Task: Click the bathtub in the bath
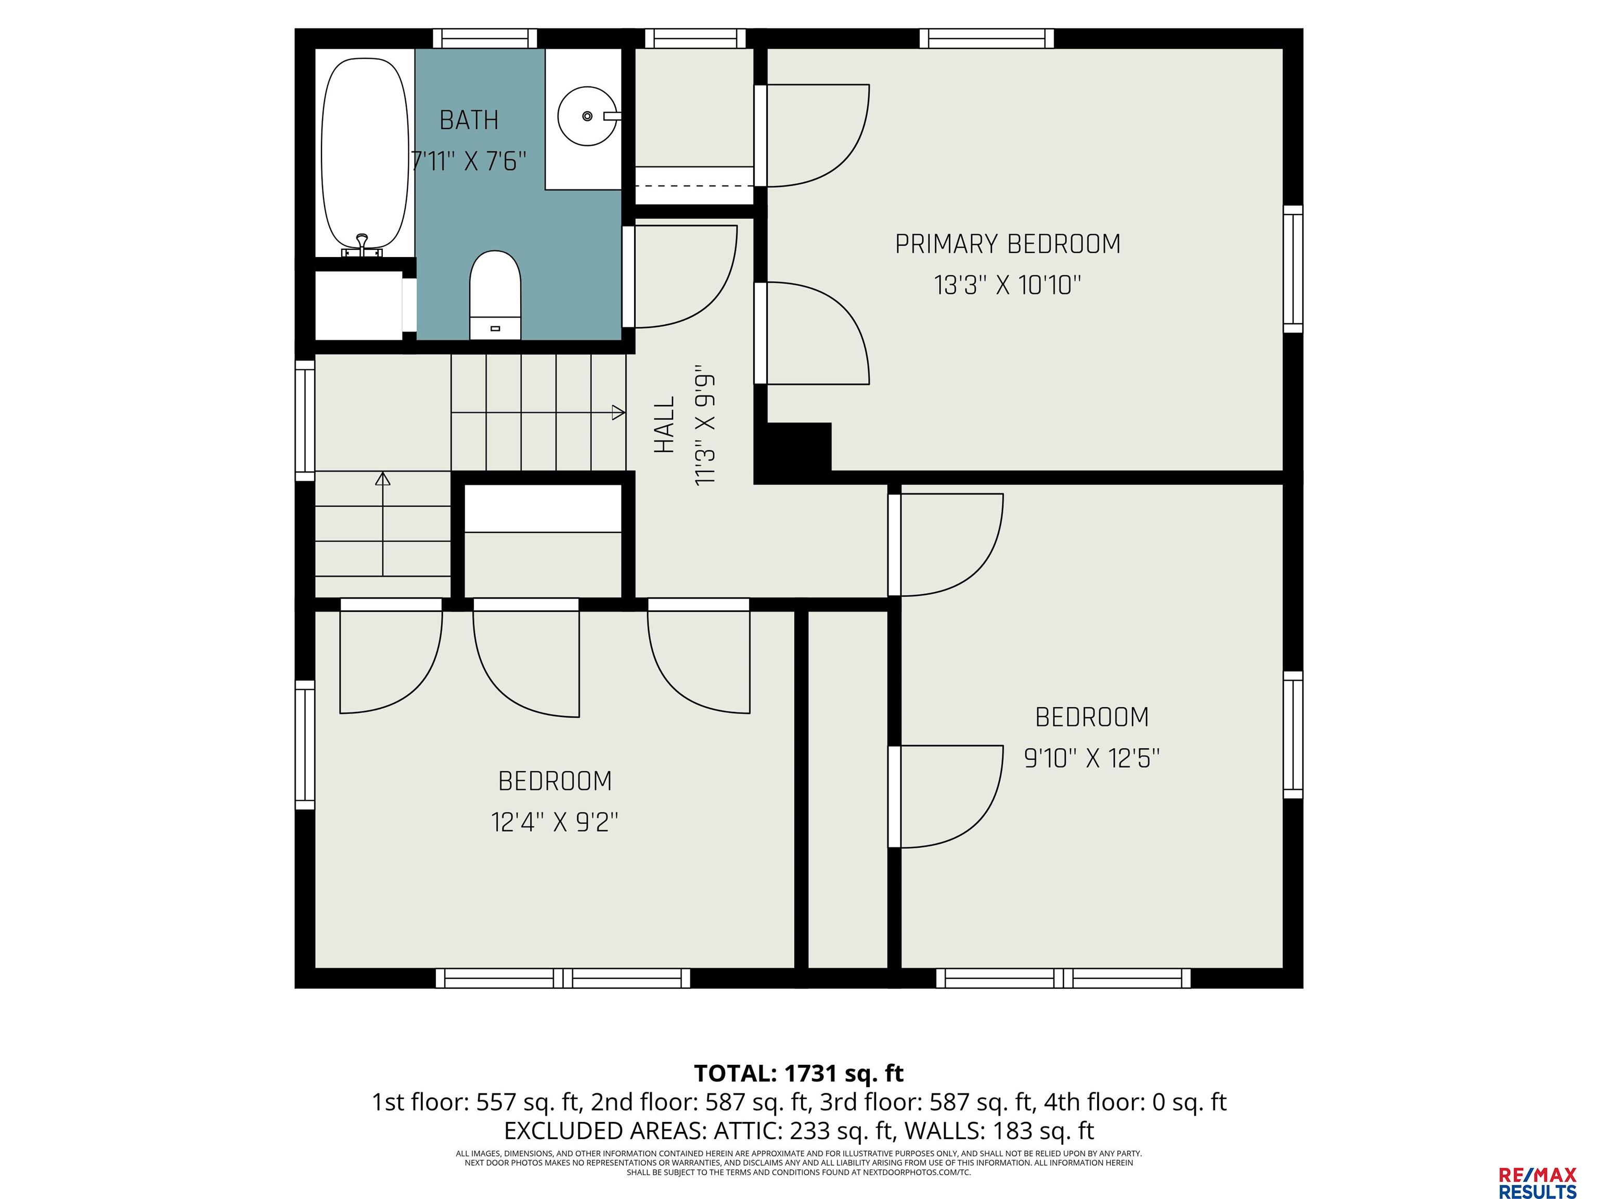point(365,152)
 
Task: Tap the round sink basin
point(587,116)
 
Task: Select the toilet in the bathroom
point(495,295)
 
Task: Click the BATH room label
point(469,120)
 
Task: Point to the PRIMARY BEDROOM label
point(1008,244)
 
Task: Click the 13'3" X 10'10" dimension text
point(1008,286)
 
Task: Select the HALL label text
point(664,424)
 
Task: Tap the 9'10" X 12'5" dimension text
point(1091,758)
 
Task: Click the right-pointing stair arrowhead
point(618,413)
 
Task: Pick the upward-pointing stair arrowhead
point(383,478)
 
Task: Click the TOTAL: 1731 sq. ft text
point(798,1073)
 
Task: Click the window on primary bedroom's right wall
point(1293,269)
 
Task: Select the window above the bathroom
point(485,39)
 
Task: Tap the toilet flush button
point(496,329)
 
